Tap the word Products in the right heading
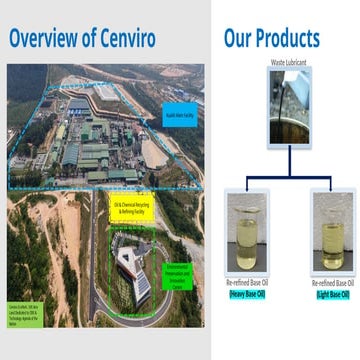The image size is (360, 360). coord(282,39)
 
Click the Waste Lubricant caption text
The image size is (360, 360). coord(289,63)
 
